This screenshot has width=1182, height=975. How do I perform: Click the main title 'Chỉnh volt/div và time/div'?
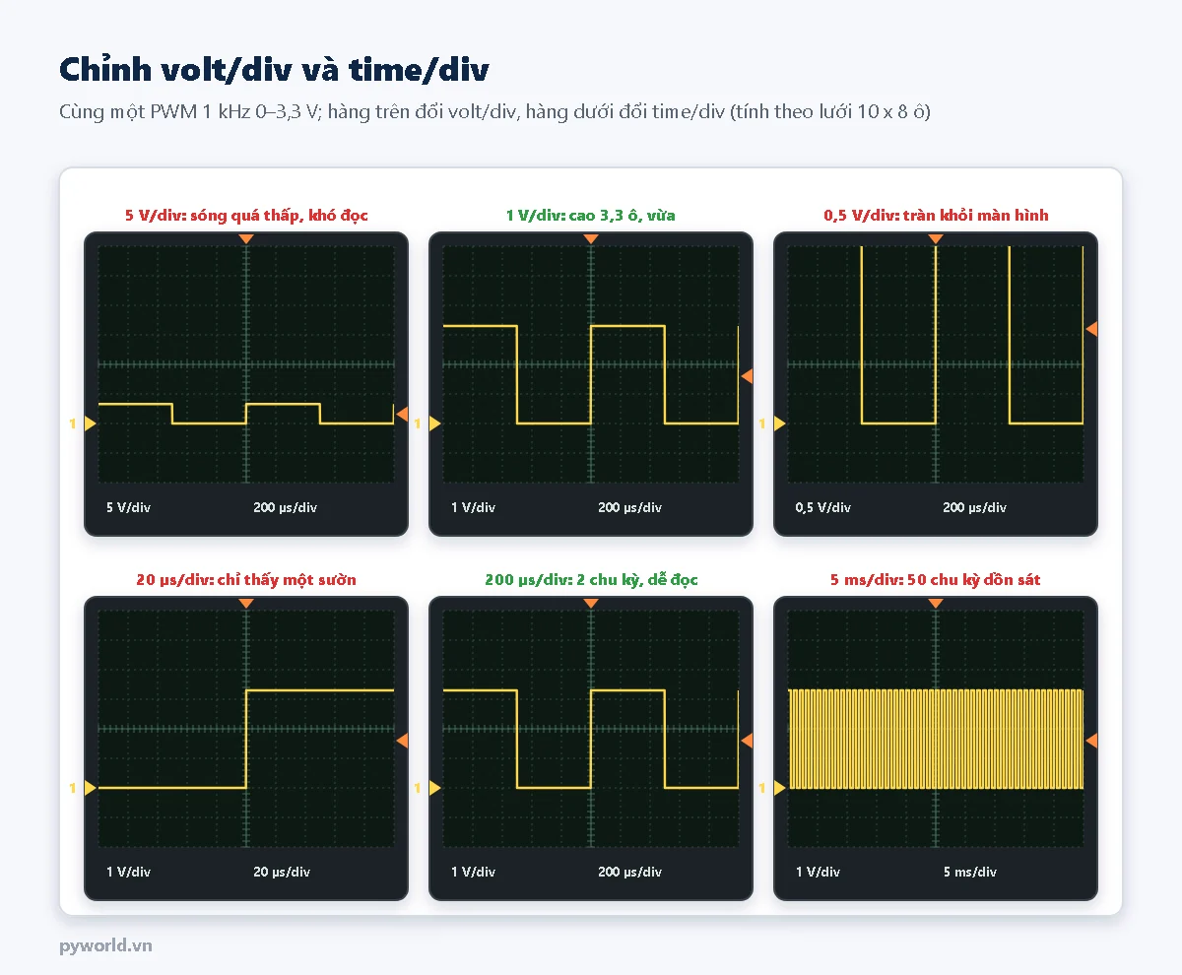click(x=274, y=70)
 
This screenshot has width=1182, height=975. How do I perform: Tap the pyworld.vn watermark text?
click(x=105, y=945)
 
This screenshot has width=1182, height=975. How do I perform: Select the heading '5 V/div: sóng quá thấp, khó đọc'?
click(x=246, y=215)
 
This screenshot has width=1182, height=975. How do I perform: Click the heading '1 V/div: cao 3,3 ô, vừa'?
click(x=590, y=215)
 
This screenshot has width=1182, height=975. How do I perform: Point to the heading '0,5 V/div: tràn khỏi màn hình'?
click(x=936, y=215)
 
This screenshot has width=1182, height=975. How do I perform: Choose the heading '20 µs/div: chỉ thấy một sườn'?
click(x=246, y=580)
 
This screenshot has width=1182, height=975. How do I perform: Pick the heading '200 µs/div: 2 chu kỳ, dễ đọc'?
click(x=591, y=580)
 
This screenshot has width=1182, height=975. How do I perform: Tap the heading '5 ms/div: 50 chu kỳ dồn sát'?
click(x=935, y=580)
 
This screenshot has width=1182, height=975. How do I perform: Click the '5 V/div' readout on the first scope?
click(x=128, y=507)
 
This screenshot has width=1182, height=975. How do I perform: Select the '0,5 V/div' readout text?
click(x=823, y=507)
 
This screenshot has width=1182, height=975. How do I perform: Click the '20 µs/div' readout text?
click(x=282, y=872)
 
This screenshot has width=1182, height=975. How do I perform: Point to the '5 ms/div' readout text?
click(x=969, y=872)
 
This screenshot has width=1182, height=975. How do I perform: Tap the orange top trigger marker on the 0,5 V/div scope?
click(x=936, y=239)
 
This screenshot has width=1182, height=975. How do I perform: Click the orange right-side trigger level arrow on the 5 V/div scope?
click(x=403, y=415)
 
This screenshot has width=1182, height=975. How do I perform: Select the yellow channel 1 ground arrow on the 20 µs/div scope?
click(x=90, y=788)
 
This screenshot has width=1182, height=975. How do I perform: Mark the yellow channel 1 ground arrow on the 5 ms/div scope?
click(x=779, y=788)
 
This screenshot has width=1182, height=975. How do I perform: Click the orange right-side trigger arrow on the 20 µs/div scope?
click(x=403, y=740)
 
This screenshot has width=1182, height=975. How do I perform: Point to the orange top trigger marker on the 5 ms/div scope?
click(x=936, y=604)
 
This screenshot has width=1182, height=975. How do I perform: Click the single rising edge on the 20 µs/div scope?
click(x=246, y=739)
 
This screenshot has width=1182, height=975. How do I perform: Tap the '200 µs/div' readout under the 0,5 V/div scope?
click(x=974, y=507)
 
